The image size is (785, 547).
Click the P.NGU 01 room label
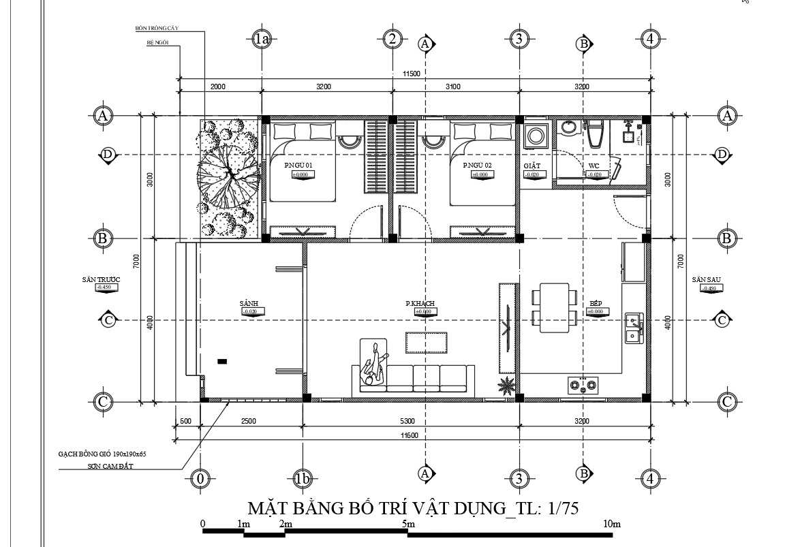[298, 166]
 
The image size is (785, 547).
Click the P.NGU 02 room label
[477, 166]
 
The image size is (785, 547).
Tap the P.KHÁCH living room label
[420, 303]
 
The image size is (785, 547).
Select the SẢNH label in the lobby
[249, 303]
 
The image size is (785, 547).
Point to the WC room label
[594, 166]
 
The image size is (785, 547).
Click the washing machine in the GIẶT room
[536, 136]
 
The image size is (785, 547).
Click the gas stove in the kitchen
[583, 386]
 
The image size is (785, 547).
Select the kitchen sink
[634, 328]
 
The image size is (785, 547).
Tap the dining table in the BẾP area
[554, 308]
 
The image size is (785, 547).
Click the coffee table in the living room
[427, 342]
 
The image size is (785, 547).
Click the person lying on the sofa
[374, 364]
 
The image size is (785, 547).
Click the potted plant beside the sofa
[506, 386]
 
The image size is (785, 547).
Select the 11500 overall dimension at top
[412, 74]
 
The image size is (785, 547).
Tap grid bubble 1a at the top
[262, 40]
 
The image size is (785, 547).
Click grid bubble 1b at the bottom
[303, 479]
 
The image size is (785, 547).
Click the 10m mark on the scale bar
[611, 524]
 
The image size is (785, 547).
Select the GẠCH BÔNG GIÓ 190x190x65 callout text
[102, 453]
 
